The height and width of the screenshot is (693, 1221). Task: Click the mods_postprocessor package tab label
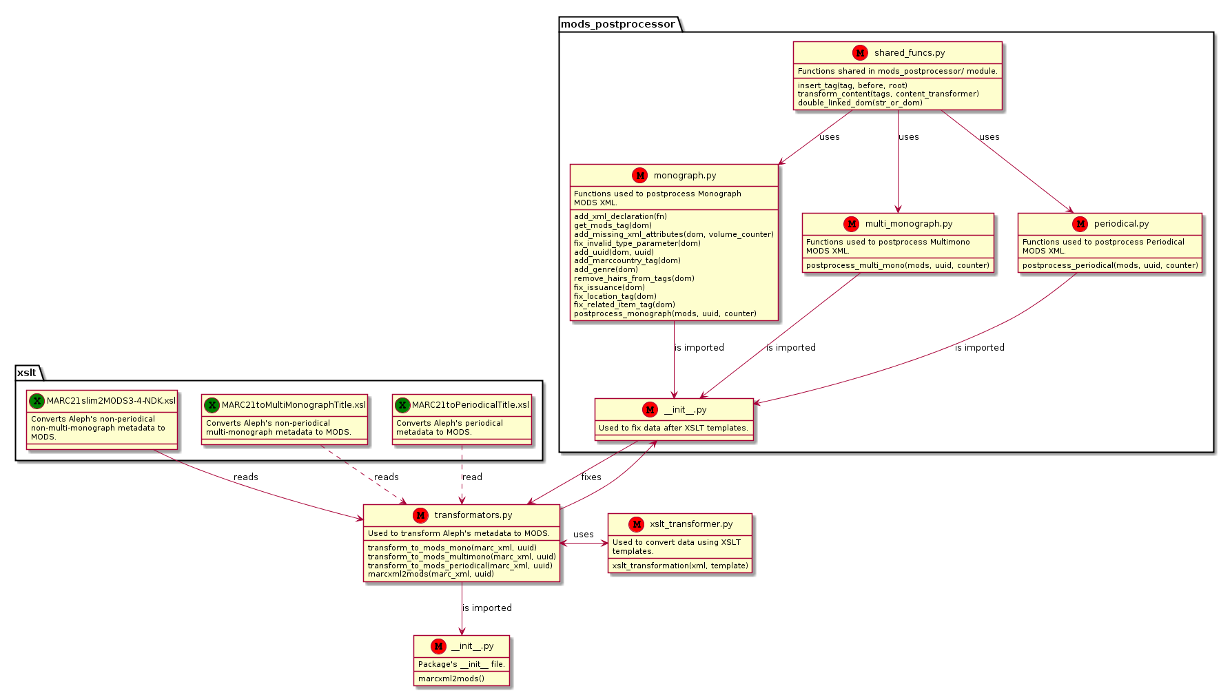pyautogui.click(x=618, y=24)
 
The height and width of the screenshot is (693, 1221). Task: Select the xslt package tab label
pyautogui.click(x=27, y=373)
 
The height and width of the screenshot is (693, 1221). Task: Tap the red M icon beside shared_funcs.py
pyautogui.click(x=860, y=52)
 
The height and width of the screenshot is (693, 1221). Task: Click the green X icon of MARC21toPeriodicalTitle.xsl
pyautogui.click(x=402, y=405)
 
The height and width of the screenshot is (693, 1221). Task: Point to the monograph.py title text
pyautogui.click(x=685, y=176)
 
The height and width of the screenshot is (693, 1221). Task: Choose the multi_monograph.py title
pyautogui.click(x=909, y=224)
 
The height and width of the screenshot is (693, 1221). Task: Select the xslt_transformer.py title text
pyautogui.click(x=691, y=524)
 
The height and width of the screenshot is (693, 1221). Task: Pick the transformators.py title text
pyautogui.click(x=473, y=515)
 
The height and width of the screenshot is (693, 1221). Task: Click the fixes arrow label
pyautogui.click(x=591, y=477)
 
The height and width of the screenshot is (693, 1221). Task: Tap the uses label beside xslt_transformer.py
pyautogui.click(x=584, y=535)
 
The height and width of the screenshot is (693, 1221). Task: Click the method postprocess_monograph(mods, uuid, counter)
pyautogui.click(x=665, y=314)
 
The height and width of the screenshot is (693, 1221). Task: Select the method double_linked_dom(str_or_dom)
pyautogui.click(x=860, y=103)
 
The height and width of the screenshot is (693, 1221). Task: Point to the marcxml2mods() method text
pyautogui.click(x=451, y=679)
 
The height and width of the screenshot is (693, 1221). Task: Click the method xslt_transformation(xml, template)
pyautogui.click(x=680, y=566)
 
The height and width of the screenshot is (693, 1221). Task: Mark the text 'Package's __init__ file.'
pyautogui.click(x=462, y=665)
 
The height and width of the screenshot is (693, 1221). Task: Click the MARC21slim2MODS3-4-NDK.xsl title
pyautogui.click(x=111, y=401)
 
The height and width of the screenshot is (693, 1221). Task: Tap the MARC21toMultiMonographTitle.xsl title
pyautogui.click(x=294, y=405)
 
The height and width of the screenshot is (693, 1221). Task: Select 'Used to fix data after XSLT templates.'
pyautogui.click(x=673, y=428)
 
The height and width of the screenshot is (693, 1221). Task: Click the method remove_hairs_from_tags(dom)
pyautogui.click(x=634, y=279)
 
